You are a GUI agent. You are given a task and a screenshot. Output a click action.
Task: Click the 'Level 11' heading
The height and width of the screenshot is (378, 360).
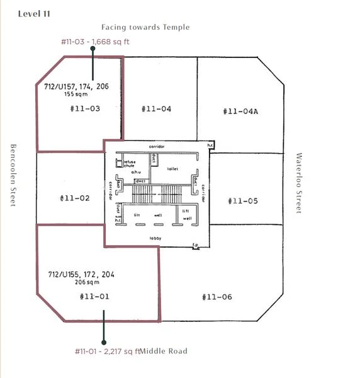[35, 14]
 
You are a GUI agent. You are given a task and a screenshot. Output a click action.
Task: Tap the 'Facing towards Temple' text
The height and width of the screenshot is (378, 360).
[145, 27]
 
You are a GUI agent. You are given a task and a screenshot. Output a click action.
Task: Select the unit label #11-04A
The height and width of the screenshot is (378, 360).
[240, 111]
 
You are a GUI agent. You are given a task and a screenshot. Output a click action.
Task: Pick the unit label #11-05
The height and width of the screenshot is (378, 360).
[242, 201]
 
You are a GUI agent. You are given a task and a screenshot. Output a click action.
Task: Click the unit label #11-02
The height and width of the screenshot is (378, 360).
[75, 198]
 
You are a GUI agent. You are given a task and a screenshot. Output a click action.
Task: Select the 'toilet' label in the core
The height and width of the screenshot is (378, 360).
[173, 169]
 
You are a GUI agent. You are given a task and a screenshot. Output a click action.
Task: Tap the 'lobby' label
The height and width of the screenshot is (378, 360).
[155, 238]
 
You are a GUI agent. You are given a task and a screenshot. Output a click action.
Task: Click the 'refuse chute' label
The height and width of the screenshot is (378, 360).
[129, 164]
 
